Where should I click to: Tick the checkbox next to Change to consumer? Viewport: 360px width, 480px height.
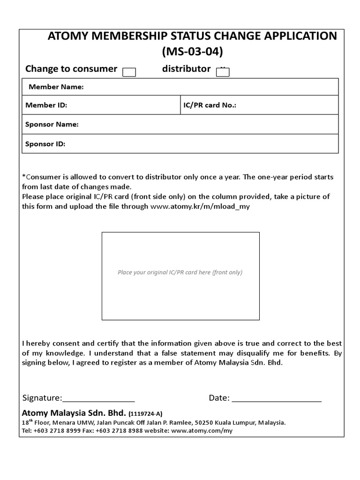129,72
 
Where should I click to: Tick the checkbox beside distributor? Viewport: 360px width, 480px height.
223,72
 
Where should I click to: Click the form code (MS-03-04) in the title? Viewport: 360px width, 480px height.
192,52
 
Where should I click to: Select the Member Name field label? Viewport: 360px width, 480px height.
56,87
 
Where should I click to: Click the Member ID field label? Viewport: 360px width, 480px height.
46,105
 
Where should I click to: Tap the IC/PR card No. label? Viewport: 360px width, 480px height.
210,105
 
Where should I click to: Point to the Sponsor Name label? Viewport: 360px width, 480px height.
52,125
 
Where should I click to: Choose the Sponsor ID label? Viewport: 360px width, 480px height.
45,144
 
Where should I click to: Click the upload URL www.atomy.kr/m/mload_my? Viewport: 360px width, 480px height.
200,206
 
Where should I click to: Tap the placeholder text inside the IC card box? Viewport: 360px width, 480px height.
180,272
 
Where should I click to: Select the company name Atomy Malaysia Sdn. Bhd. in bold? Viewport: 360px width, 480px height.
74,413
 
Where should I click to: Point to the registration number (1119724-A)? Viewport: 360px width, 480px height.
145,414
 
